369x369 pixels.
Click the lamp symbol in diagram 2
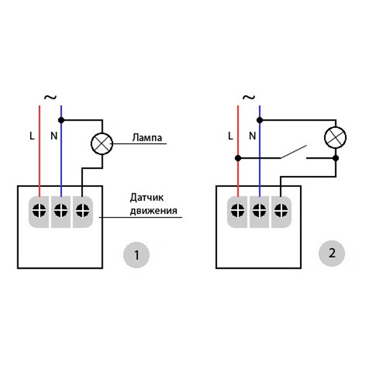(x=335, y=137)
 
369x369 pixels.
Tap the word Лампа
(x=148, y=138)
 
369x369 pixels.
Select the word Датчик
(x=148, y=199)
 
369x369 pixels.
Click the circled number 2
(x=332, y=252)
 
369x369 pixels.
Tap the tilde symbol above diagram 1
(x=50, y=97)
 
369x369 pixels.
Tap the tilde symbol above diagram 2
(x=248, y=97)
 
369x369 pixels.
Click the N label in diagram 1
(x=53, y=137)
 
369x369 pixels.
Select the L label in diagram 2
(x=230, y=137)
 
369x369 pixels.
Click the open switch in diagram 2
(x=294, y=153)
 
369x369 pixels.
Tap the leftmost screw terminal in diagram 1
(x=39, y=210)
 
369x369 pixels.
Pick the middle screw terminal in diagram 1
(x=60, y=210)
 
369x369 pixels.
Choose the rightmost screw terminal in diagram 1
(x=82, y=210)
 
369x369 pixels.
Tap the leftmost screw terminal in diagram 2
(x=237, y=210)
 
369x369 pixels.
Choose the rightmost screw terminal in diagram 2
(x=280, y=210)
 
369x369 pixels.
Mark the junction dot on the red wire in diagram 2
(x=238, y=158)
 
